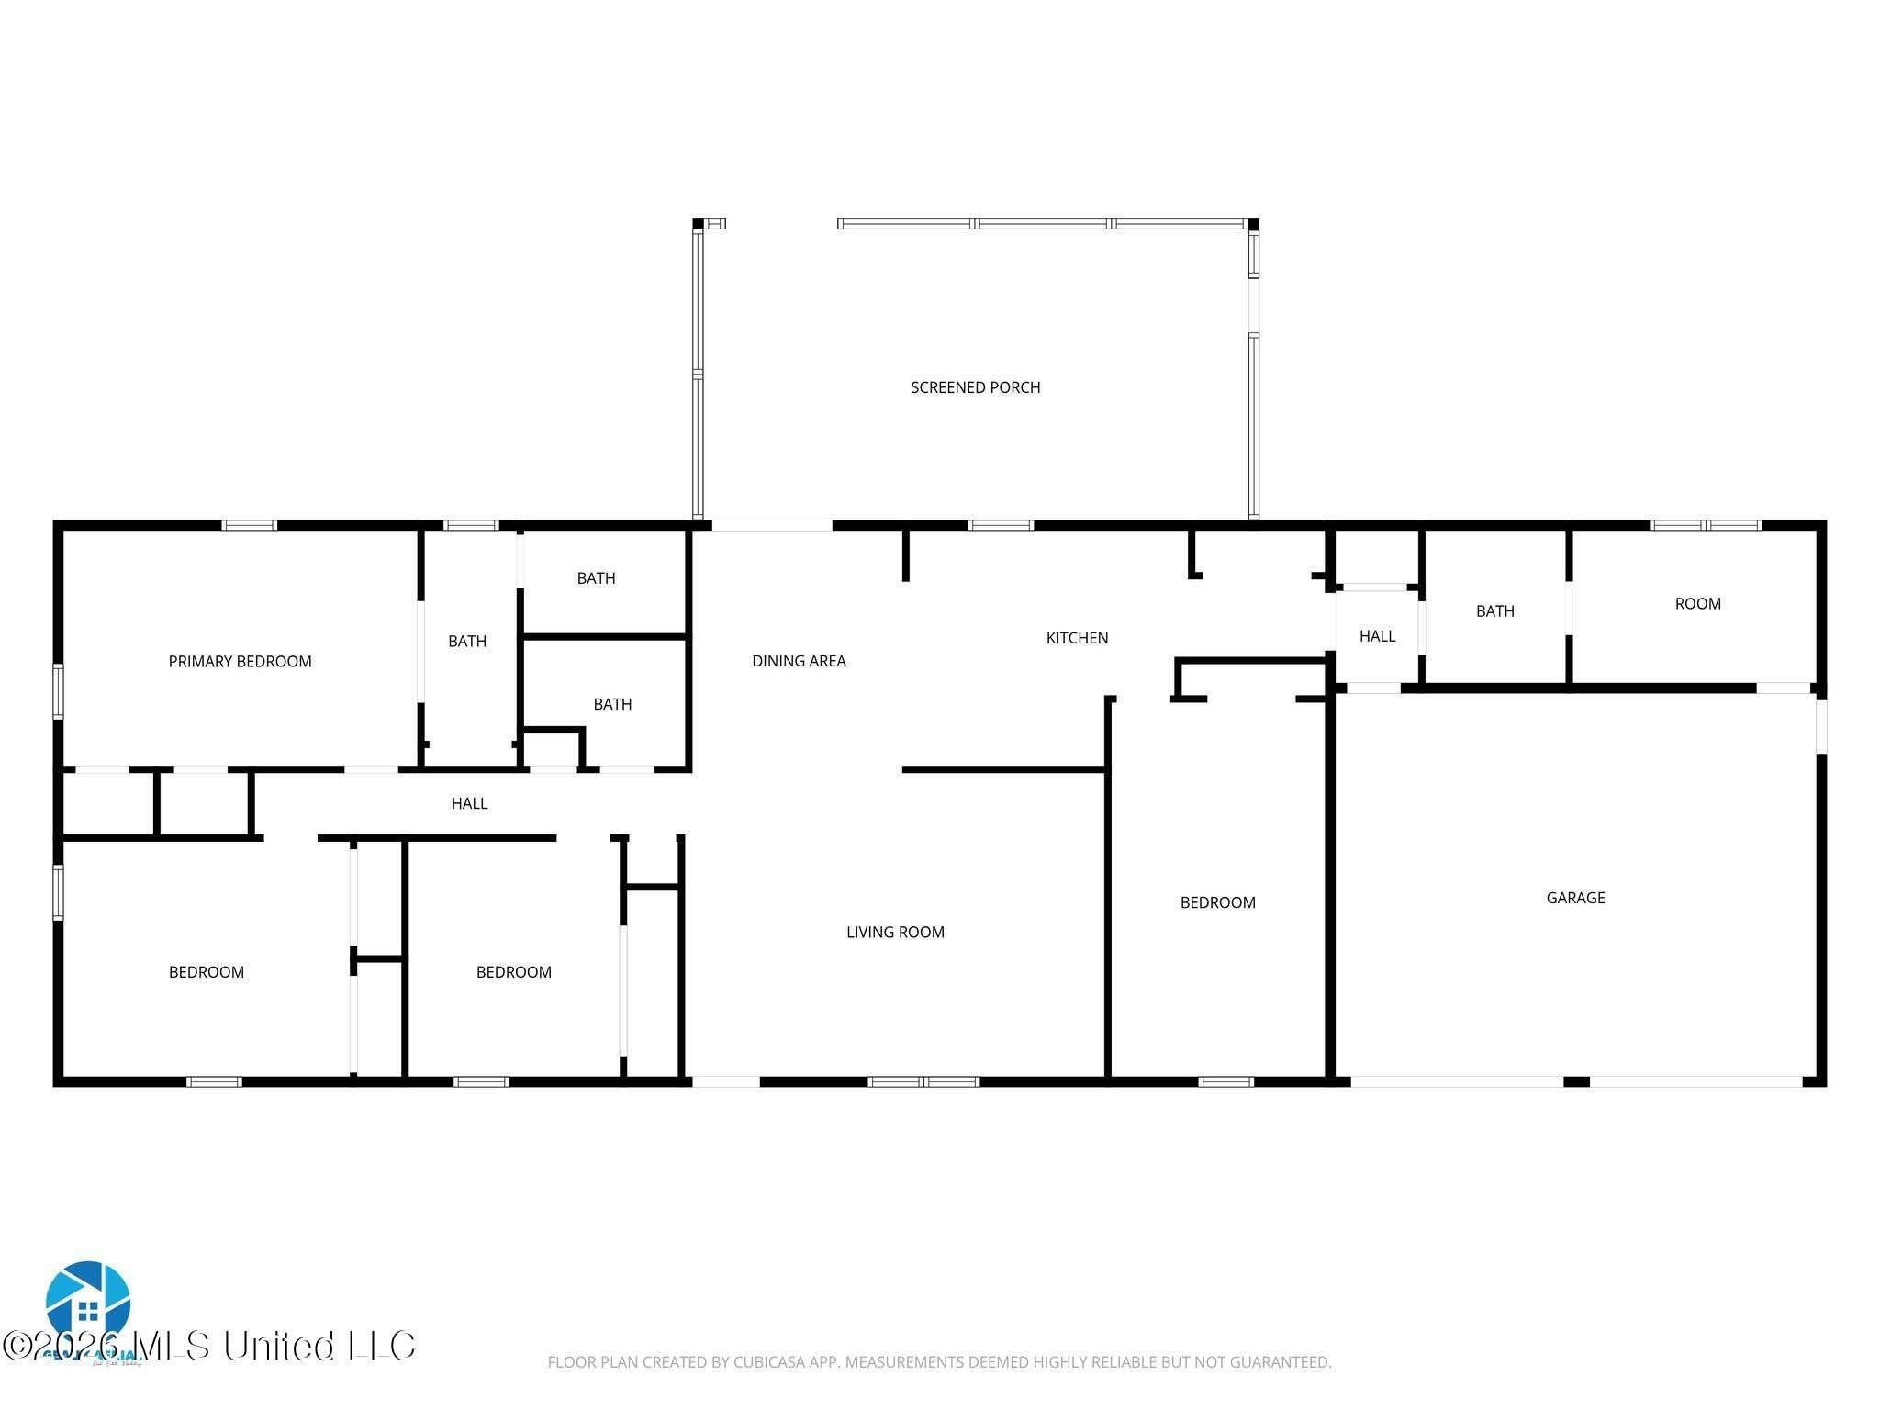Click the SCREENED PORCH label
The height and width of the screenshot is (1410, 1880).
coord(975,387)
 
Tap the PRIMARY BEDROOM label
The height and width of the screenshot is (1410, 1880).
coord(240,661)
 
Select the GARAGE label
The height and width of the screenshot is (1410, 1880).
coord(1575,898)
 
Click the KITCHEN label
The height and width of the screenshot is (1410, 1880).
coord(1077,637)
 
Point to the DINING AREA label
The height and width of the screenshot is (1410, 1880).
coord(799,660)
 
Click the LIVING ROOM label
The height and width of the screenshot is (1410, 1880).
coord(895,932)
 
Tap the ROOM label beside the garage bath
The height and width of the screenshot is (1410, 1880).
coord(1697,603)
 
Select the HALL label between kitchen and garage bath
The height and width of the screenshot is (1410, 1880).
coord(1377,635)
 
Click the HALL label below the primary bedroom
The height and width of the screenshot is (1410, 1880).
coord(469,803)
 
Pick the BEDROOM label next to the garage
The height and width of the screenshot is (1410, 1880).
coord(1217,902)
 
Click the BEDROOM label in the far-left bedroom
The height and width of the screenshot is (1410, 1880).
coord(207,972)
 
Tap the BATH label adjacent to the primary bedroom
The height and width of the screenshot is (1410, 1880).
coord(467,641)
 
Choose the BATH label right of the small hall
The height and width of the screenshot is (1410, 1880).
coord(1494,610)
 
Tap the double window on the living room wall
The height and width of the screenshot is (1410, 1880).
coord(923,1081)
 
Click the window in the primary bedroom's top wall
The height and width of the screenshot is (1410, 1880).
coord(249,525)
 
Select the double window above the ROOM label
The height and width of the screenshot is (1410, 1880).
coord(1705,525)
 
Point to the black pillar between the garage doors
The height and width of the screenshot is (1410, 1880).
coord(1576,1081)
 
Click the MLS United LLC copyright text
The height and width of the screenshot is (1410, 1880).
coord(209,1346)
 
